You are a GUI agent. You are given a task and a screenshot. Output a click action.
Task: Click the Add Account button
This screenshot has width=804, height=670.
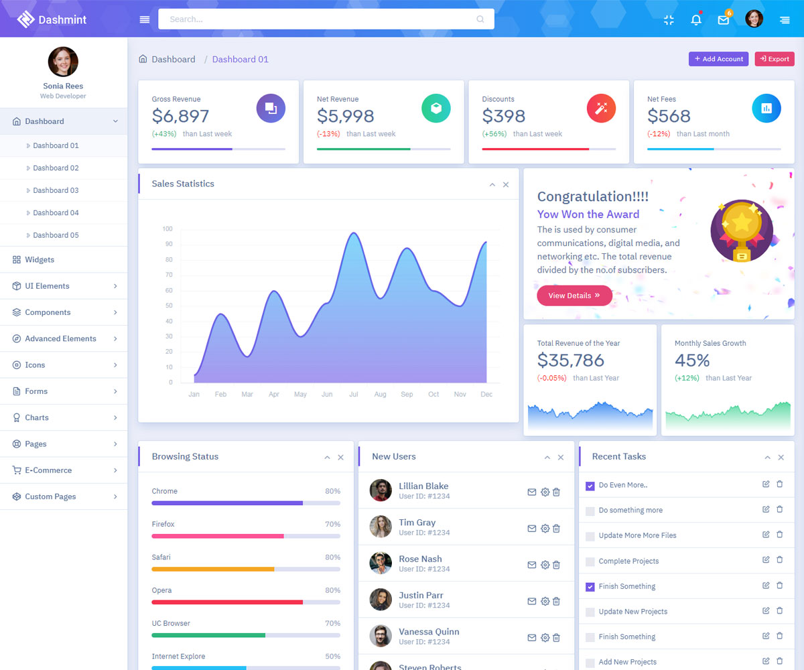(x=718, y=59)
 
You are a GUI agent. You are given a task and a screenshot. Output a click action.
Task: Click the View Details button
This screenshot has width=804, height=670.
(x=574, y=295)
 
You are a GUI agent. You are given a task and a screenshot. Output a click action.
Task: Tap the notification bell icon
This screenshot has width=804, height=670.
(x=696, y=19)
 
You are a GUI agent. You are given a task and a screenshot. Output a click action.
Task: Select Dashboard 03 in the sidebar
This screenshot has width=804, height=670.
(x=56, y=190)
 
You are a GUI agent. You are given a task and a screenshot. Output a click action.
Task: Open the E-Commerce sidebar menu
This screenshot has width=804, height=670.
(x=48, y=470)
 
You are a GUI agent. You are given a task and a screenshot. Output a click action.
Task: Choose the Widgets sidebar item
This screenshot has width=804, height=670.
(x=40, y=260)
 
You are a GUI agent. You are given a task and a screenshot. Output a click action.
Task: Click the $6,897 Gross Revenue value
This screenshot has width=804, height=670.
(x=180, y=116)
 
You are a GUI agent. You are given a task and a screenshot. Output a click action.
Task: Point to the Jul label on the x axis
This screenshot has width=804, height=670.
(x=354, y=395)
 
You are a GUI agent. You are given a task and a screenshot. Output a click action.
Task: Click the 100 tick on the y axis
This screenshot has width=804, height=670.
(x=167, y=229)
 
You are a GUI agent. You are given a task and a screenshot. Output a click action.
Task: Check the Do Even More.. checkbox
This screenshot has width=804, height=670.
(x=590, y=486)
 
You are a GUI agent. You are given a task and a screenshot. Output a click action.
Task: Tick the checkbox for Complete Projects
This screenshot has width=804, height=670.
(x=590, y=561)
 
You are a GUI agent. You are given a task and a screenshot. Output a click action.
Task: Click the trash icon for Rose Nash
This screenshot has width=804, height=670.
(x=556, y=565)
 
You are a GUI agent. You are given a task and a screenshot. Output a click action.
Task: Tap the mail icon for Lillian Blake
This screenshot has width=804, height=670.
(x=532, y=492)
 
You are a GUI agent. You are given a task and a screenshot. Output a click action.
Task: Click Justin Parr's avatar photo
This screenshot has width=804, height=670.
(x=381, y=599)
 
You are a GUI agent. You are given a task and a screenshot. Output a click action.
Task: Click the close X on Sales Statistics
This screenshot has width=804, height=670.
(x=506, y=185)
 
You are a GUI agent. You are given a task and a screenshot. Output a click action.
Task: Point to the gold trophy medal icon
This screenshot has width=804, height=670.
(x=742, y=229)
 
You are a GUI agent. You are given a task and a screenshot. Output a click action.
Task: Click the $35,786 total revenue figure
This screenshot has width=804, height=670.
(x=571, y=360)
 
